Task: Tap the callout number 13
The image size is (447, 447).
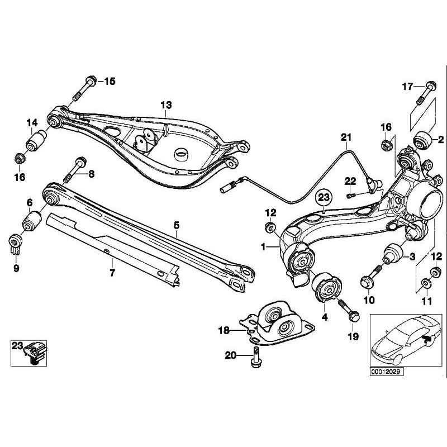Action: (x=167, y=104)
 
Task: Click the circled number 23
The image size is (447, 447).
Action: (x=324, y=197)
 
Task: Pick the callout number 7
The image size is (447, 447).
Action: (x=112, y=273)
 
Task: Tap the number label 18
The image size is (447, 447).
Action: (x=224, y=331)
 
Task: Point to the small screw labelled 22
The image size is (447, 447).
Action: (x=350, y=195)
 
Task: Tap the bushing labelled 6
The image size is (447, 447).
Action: (x=32, y=220)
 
